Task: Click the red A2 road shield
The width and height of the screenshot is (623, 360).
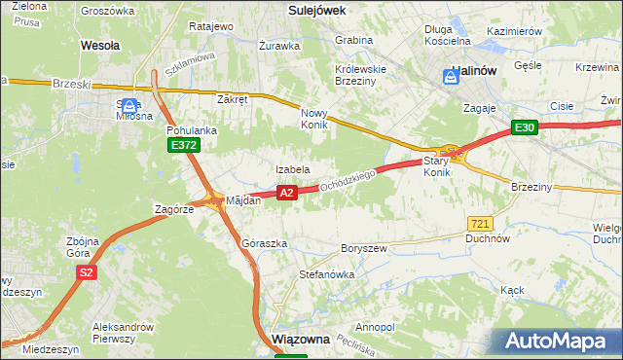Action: coord(286,194)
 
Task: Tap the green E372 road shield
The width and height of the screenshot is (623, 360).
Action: coord(183,145)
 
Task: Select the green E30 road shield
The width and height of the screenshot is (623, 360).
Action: coord(526,127)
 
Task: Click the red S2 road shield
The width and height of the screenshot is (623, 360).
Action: coord(87,272)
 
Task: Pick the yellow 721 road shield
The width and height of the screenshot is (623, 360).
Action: coord(478,223)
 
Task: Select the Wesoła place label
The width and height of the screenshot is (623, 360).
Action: coord(100,45)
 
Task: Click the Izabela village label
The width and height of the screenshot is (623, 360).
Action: coord(292,169)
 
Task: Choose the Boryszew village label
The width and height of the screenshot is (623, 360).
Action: coord(365,248)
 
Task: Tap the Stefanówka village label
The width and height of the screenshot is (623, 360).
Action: coord(326,275)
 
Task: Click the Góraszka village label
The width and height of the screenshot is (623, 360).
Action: coord(264,243)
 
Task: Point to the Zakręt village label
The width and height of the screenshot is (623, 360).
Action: coord(234,99)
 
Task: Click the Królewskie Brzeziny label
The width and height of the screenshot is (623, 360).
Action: coord(361,76)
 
